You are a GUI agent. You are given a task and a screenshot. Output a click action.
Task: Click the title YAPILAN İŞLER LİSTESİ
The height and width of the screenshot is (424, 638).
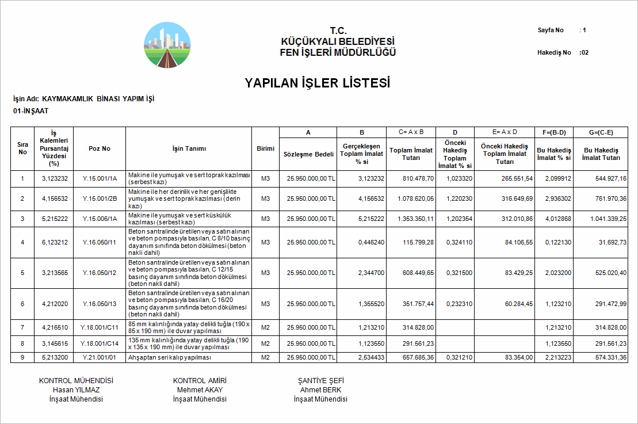pos(318,83)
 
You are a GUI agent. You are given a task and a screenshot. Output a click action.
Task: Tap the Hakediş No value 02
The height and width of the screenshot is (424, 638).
pos(584,52)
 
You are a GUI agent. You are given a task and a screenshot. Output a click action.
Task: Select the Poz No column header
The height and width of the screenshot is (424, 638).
pos(100,148)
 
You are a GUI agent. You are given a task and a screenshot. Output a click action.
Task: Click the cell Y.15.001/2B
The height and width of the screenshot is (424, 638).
pos(100,198)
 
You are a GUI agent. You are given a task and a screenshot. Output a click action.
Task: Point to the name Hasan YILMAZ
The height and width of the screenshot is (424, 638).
pos(76,389)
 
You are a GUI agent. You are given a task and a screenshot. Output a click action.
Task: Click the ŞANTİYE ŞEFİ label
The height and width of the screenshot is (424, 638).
pos(320,380)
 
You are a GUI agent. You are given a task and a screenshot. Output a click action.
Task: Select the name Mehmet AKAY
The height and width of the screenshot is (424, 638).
pos(200,389)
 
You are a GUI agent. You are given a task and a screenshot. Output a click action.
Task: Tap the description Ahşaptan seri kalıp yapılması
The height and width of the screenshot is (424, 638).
pos(170,357)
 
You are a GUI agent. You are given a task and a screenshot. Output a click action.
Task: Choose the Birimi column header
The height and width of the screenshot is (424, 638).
pos(265,148)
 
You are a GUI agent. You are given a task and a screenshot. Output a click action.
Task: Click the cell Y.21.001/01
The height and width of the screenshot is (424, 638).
pos(100,357)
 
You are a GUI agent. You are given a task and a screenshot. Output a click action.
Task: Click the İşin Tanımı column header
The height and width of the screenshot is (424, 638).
pos(189,148)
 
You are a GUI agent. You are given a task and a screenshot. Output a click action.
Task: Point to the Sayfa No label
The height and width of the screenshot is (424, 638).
pos(551,30)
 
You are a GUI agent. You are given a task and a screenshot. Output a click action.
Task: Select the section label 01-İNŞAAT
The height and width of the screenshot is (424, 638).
pos(31,110)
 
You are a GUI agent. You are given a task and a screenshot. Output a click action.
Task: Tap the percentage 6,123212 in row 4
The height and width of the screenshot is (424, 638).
pos(55,242)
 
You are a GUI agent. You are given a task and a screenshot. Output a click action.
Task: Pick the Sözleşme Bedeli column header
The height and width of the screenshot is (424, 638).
pos(308,154)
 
